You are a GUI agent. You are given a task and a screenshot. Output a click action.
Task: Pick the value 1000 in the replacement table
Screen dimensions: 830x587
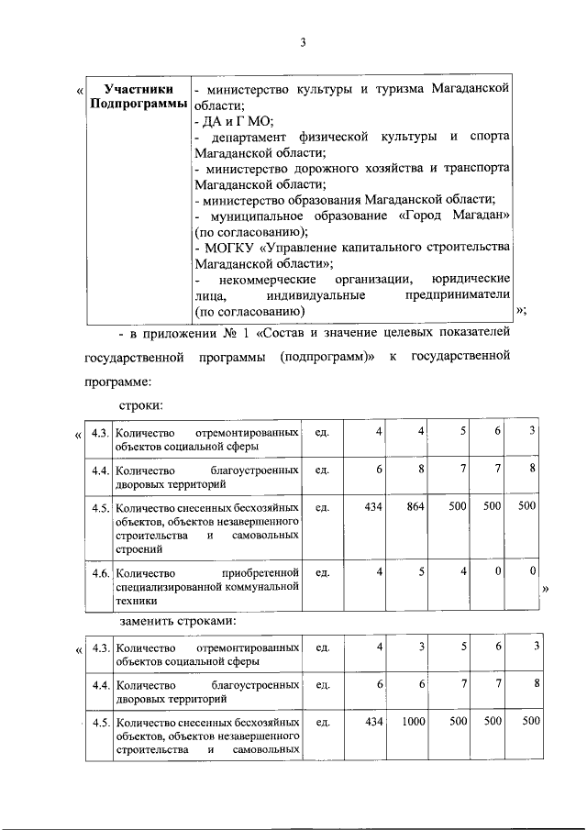click(413, 722)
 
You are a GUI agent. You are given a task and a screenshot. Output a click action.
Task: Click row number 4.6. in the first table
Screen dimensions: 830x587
click(101, 572)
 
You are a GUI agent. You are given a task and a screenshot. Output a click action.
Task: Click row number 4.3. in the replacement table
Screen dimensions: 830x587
click(101, 647)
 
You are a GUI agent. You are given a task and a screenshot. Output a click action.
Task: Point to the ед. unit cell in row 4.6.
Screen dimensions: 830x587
click(322, 572)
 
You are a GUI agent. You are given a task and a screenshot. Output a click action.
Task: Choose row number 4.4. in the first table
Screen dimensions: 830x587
click(101, 470)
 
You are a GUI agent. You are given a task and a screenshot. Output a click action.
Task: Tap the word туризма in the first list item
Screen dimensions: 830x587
click(371, 89)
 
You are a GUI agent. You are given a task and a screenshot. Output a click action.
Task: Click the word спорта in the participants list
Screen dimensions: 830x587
click(490, 137)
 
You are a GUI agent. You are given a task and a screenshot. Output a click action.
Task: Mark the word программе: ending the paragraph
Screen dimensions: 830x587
click(117, 380)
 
